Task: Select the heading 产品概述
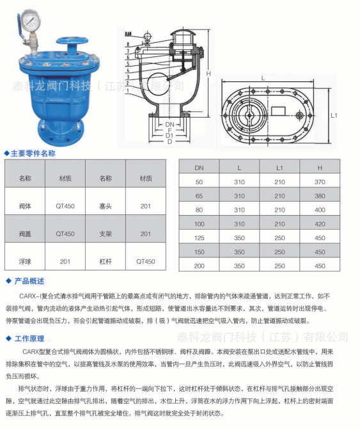point(29,282)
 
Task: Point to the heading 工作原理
point(29,338)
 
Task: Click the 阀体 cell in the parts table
point(26,206)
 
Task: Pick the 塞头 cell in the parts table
point(106,206)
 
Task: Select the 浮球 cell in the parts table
point(26,261)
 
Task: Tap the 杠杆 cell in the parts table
point(106,261)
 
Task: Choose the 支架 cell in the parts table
point(106,234)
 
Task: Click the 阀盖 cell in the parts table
point(26,234)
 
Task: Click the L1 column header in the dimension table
point(279,168)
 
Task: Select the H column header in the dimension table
point(320,168)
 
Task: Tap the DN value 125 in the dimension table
point(200,237)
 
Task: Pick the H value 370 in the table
point(320,182)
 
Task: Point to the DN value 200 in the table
point(200,266)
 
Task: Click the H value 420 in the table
point(320,223)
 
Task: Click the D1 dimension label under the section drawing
point(169,136)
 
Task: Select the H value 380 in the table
point(320,196)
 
